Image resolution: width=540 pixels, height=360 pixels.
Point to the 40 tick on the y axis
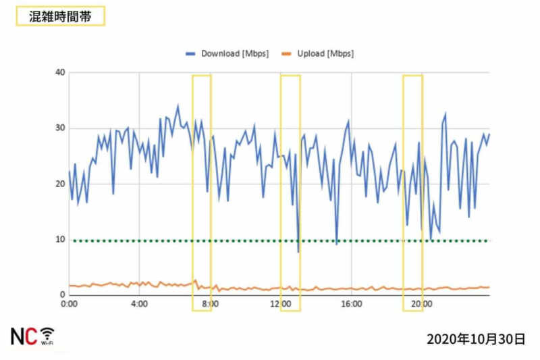tap(60, 73)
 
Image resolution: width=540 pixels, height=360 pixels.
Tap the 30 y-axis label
tap(60, 128)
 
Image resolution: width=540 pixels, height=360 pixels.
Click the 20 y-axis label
tap(60, 184)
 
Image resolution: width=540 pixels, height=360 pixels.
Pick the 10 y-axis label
tap(60, 240)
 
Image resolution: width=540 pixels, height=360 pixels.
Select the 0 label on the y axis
tap(62, 295)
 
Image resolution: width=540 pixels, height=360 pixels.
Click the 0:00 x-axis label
tap(69, 305)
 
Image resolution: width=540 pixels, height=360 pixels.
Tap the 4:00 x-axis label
tap(139, 305)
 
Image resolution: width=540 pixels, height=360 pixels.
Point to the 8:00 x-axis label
tap(210, 305)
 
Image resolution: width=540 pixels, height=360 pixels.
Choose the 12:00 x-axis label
tap(280, 305)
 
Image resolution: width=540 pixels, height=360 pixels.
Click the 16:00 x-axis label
tap(351, 305)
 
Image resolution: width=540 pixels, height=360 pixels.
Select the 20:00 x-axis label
tap(421, 305)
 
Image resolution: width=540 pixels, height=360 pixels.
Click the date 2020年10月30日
tap(476, 339)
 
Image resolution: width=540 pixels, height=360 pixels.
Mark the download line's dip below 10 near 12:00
tap(298, 252)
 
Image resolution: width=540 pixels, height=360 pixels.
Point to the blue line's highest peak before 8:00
tap(178, 105)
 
